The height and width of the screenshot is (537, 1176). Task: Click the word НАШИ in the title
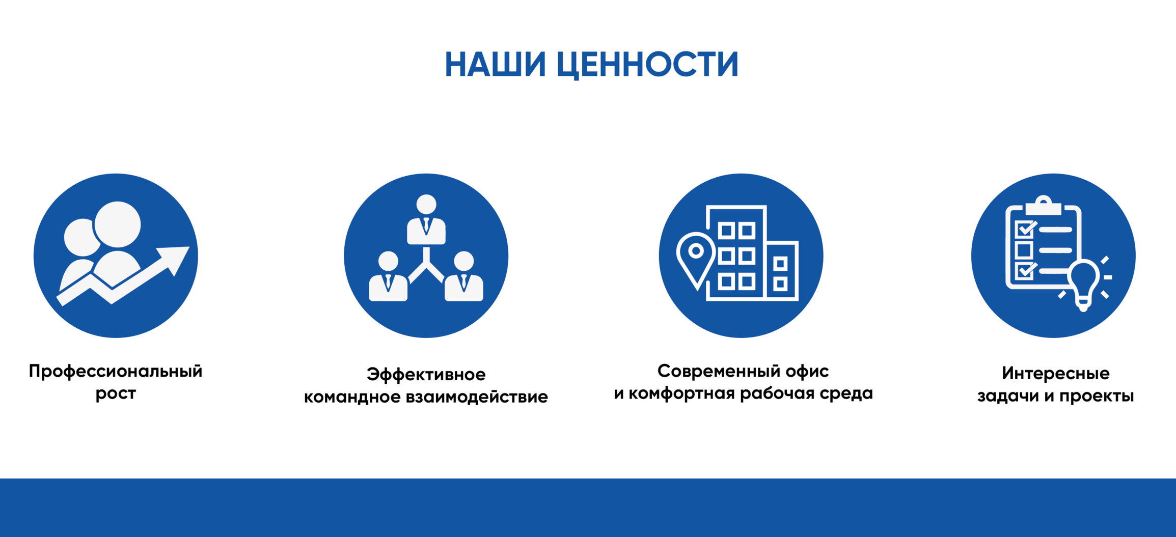(495, 64)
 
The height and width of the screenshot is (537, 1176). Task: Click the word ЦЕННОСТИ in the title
(647, 65)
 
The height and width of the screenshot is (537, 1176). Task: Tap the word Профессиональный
(116, 372)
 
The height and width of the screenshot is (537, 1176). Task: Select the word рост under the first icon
(116, 394)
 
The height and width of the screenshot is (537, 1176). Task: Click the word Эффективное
(426, 374)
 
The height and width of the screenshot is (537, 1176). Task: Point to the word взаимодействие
(477, 397)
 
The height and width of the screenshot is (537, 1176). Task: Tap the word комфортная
(683, 393)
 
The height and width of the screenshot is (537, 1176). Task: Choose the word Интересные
(1055, 373)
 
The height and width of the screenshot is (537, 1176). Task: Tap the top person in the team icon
(426, 219)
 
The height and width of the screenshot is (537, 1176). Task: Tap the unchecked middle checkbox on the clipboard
(1024, 250)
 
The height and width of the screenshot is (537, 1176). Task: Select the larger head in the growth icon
(118, 224)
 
